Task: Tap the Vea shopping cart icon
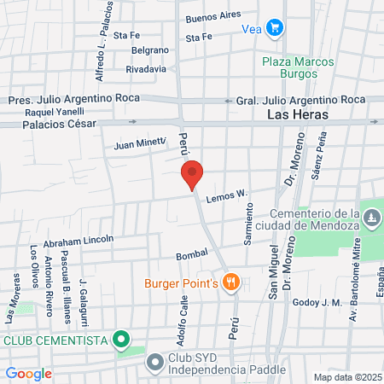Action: tap(274, 27)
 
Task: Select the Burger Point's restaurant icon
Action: tap(230, 281)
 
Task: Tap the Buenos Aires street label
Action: tap(213, 17)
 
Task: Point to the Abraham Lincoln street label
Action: tap(79, 240)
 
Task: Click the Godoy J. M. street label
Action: tap(317, 302)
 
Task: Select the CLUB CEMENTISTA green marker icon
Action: tap(121, 340)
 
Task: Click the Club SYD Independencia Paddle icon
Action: tap(154, 362)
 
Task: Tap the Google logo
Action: tap(28, 374)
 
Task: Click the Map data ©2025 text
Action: tap(346, 377)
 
